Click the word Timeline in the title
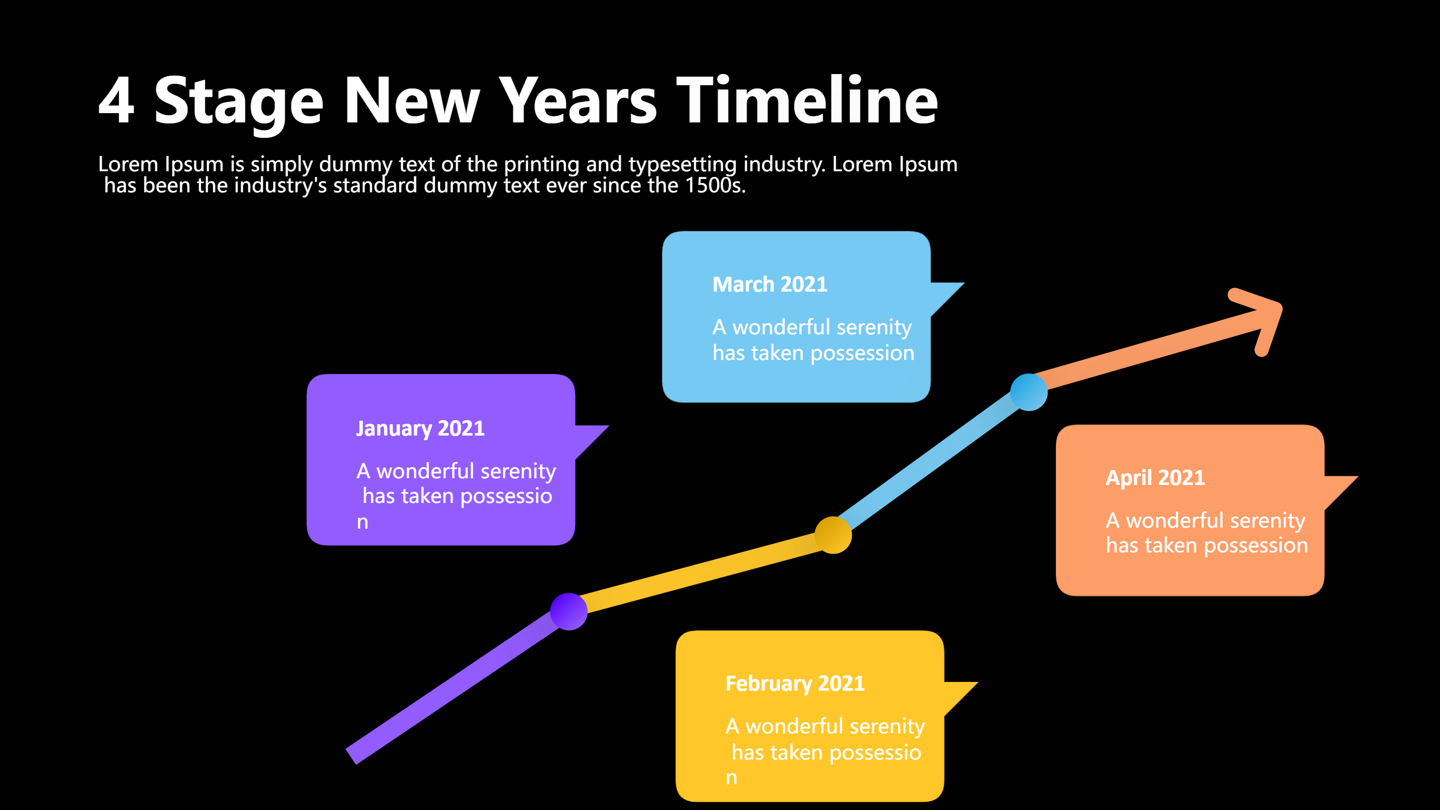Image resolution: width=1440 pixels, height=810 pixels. coord(806,101)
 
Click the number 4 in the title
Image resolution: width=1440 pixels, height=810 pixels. coord(116,101)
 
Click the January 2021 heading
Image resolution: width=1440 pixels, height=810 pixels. coord(420,429)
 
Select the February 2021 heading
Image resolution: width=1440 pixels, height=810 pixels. coord(795,683)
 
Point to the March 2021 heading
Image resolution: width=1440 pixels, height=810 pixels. coord(769,284)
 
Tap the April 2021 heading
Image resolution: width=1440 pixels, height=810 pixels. coord(1155,478)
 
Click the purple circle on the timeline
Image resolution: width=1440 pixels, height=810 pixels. coord(568,611)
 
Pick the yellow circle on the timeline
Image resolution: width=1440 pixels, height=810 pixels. coord(833,535)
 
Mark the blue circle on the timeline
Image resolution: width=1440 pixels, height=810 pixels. coord(1029,392)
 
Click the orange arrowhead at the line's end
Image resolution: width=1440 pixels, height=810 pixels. coord(1265,319)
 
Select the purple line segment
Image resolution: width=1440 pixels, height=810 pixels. coord(453,688)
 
